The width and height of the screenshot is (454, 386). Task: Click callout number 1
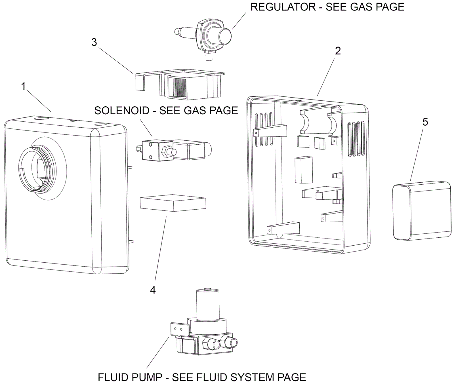[24, 86]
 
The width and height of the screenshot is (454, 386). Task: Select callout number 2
[338, 51]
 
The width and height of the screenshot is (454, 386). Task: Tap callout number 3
[94, 42]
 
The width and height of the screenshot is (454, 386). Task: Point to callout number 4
[153, 290]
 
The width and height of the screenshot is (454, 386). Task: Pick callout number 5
[425, 122]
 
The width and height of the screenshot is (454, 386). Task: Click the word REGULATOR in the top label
[283, 7]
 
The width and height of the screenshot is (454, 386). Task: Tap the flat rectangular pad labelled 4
[173, 203]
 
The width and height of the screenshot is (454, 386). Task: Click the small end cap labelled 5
[422, 211]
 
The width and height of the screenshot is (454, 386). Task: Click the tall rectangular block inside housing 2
[304, 170]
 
